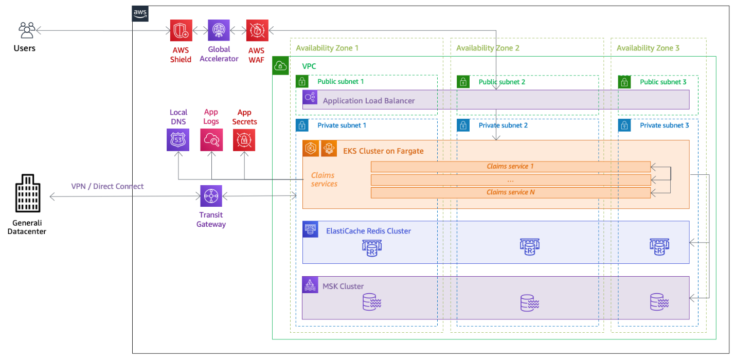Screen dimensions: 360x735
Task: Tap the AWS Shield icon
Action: tap(181, 30)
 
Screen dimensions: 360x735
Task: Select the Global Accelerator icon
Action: tap(219, 30)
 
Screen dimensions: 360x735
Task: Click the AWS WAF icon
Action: tap(257, 30)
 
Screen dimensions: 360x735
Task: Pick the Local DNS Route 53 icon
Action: tap(178, 140)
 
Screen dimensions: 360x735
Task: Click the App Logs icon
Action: tap(211, 140)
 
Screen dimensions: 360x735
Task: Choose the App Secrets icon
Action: tap(244, 140)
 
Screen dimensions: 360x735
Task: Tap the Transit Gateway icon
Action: tap(211, 196)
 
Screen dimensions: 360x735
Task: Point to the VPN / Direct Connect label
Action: tap(107, 186)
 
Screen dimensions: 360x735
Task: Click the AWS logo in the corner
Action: tap(140, 13)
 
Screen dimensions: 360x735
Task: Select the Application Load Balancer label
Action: tap(368, 101)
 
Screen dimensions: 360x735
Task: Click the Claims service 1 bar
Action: tap(510, 167)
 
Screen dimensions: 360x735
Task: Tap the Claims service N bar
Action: tap(510, 192)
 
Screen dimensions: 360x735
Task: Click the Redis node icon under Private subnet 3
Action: tap(659, 247)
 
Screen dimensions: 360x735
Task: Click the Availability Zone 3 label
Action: tap(648, 48)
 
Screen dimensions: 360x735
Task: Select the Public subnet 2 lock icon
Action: tap(463, 82)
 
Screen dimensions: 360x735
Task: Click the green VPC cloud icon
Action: tap(280, 66)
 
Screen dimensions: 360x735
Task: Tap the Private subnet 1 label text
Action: tap(342, 125)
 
